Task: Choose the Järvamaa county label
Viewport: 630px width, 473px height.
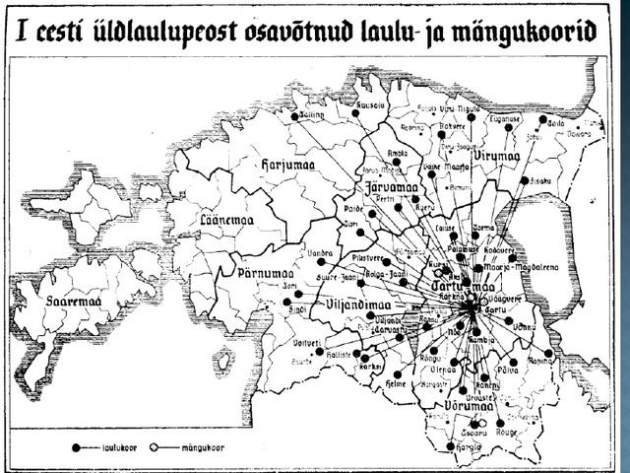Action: click(x=385, y=187)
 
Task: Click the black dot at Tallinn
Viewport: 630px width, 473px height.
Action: click(x=294, y=116)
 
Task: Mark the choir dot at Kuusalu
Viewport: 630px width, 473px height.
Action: click(x=356, y=113)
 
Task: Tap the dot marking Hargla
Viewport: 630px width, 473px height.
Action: click(x=451, y=446)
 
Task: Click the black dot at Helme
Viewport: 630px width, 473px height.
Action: click(x=398, y=374)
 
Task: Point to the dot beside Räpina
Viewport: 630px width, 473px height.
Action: click(x=548, y=353)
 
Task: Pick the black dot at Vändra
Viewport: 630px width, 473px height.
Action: click(x=320, y=261)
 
